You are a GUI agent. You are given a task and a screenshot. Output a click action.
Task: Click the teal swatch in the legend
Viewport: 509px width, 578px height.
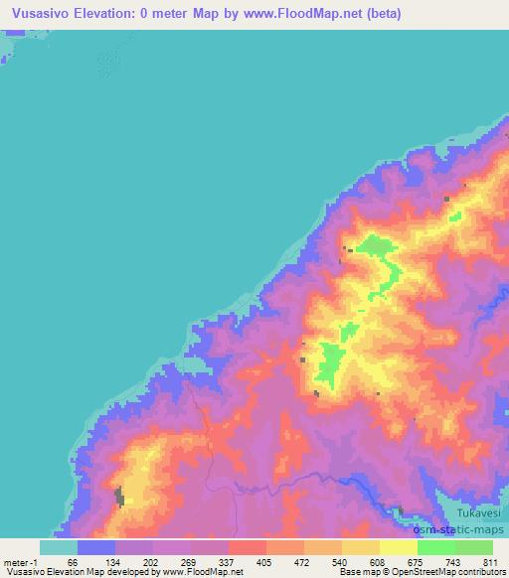tap(58, 547)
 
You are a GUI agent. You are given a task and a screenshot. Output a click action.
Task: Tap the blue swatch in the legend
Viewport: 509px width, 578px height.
tap(95, 547)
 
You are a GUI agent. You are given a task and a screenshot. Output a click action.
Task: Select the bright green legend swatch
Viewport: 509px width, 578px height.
tap(435, 547)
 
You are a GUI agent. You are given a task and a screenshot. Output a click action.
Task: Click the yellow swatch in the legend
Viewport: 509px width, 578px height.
tap(398, 547)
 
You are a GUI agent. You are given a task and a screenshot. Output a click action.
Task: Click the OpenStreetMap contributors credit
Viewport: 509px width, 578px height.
tap(435, 572)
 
